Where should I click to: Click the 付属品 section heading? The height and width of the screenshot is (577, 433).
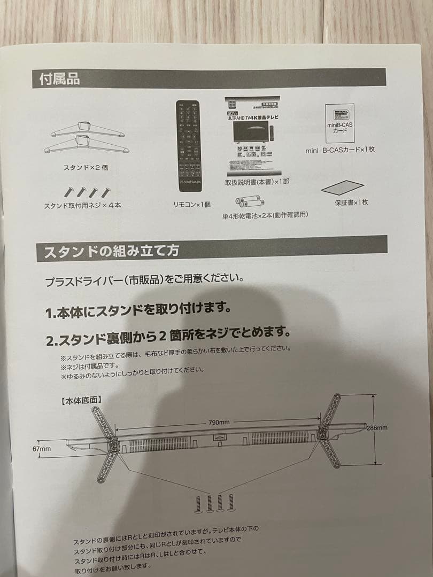(60, 79)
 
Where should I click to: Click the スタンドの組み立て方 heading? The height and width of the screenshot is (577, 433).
(111, 251)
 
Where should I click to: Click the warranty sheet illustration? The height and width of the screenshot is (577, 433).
(343, 188)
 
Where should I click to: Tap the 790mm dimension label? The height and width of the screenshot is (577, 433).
(219, 422)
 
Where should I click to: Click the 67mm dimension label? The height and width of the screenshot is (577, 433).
(41, 449)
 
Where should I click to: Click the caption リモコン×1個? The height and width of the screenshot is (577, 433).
(191, 204)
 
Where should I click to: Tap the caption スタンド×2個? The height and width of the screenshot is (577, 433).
(86, 167)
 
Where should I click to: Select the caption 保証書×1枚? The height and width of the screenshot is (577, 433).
(351, 202)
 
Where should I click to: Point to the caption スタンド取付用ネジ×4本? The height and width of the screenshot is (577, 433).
(83, 205)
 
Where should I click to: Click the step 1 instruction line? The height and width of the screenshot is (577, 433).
(145, 309)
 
